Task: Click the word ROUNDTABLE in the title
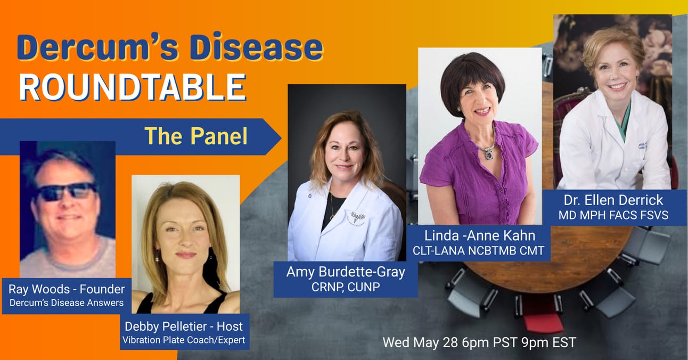[133, 87]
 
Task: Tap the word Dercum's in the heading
[83, 47]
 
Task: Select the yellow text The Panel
[196, 136]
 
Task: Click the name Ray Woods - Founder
[67, 289]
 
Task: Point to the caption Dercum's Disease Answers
[67, 303]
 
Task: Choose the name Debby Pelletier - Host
[184, 326]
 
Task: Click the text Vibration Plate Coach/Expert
[184, 340]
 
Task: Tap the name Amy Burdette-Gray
[346, 272]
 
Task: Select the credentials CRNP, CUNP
[346, 287]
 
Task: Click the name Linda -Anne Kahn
[480, 235]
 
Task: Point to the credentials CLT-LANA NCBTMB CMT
[479, 251]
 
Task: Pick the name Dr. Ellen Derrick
[613, 200]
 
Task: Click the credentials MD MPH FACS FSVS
[613, 215]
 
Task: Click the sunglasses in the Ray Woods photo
[67, 191]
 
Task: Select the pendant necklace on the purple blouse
[489, 153]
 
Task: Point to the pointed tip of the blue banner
[281, 137]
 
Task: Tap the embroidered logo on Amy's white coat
[357, 217]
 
